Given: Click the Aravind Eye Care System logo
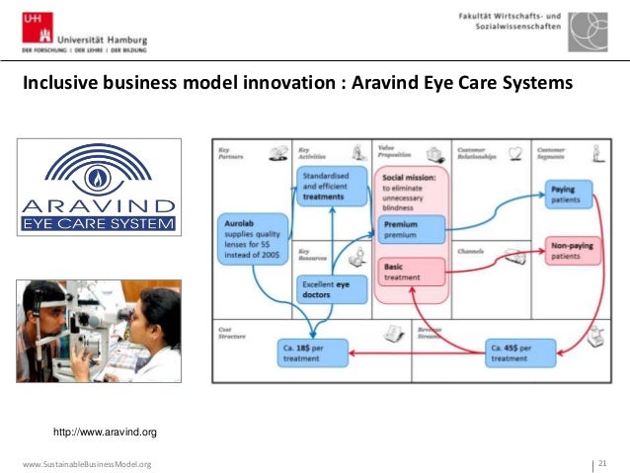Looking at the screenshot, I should pyautogui.click(x=99, y=187).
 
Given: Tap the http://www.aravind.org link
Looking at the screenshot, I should pyautogui.click(x=105, y=432).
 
